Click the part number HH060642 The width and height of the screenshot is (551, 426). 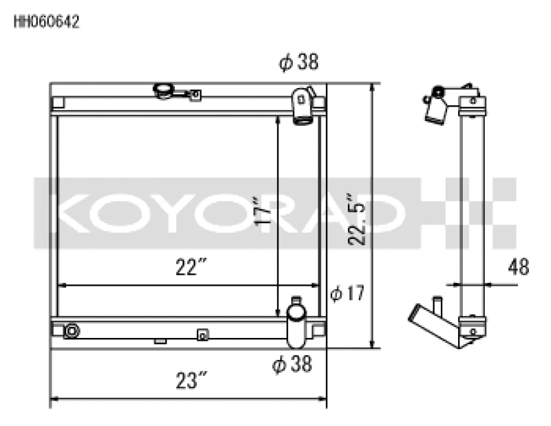point(47,21)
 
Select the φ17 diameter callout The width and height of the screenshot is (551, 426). point(346,294)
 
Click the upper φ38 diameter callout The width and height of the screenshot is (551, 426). point(298,63)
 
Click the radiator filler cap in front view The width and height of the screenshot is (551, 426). point(164,91)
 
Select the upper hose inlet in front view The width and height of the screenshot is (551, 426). point(302,106)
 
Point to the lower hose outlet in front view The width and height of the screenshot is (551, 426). point(296,323)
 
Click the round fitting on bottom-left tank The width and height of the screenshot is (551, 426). point(71,331)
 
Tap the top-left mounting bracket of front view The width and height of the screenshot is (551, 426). point(58,103)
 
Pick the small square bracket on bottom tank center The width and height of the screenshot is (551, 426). point(202,334)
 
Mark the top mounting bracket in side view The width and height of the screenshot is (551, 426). point(472,101)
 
